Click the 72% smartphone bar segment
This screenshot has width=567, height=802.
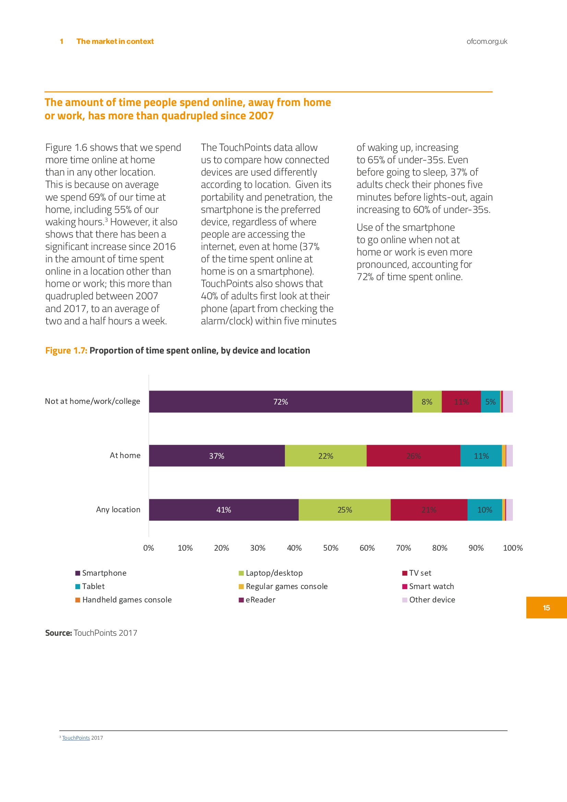280,402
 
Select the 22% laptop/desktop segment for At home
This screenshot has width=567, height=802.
325,456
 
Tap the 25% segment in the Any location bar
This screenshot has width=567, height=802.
345,510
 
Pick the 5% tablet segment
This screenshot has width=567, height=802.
490,402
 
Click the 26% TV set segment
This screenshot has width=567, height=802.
413,456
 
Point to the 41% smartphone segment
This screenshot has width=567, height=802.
224,510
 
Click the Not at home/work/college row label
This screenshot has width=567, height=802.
93,402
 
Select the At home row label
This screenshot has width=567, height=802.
125,455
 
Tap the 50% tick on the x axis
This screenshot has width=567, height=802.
330,548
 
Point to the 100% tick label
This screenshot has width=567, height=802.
512,548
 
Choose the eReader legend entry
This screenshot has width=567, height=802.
260,600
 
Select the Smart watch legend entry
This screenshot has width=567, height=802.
431,586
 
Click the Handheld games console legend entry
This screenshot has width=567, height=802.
127,600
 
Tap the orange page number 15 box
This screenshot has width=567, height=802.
546,608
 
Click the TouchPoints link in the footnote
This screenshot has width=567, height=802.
76,738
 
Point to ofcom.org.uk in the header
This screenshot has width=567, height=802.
487,41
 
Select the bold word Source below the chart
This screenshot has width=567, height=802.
58,633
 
